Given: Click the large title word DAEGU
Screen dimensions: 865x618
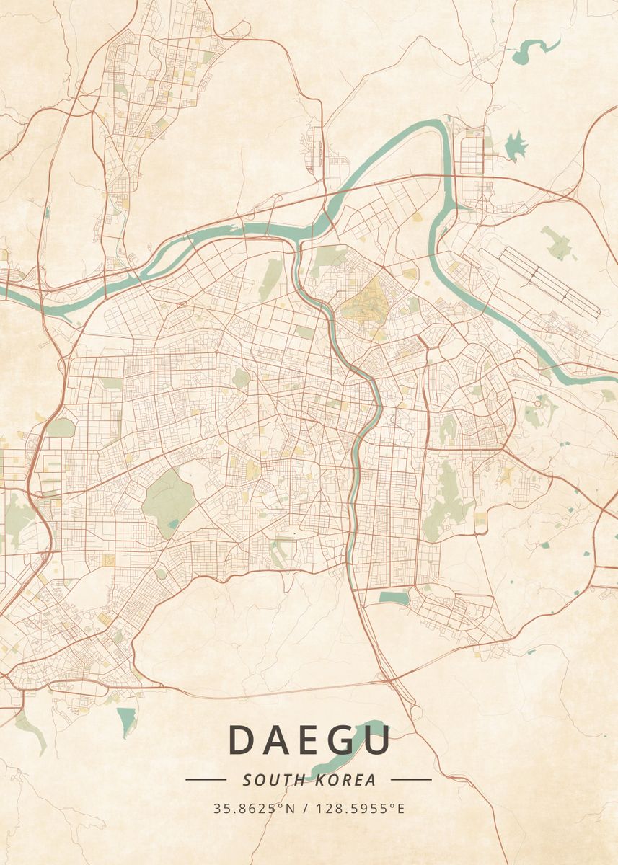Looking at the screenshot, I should coord(309,740).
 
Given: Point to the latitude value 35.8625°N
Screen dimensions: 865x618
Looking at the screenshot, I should coord(255,808).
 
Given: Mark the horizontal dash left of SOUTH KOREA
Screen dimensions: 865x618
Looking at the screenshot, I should coord(206,779).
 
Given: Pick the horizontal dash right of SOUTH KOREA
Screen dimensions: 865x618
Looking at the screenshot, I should coord(411,779).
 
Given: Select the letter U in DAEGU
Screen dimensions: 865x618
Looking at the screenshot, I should coord(376,740).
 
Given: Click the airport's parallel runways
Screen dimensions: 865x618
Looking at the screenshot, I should coord(549,281).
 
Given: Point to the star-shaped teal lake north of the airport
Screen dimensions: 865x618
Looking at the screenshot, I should coord(516,146).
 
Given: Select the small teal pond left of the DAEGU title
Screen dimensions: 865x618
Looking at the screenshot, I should coord(127,719).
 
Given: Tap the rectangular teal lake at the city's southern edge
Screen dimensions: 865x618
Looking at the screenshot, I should coord(393,598).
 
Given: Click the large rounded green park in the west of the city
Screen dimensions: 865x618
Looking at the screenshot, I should coord(169,497).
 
